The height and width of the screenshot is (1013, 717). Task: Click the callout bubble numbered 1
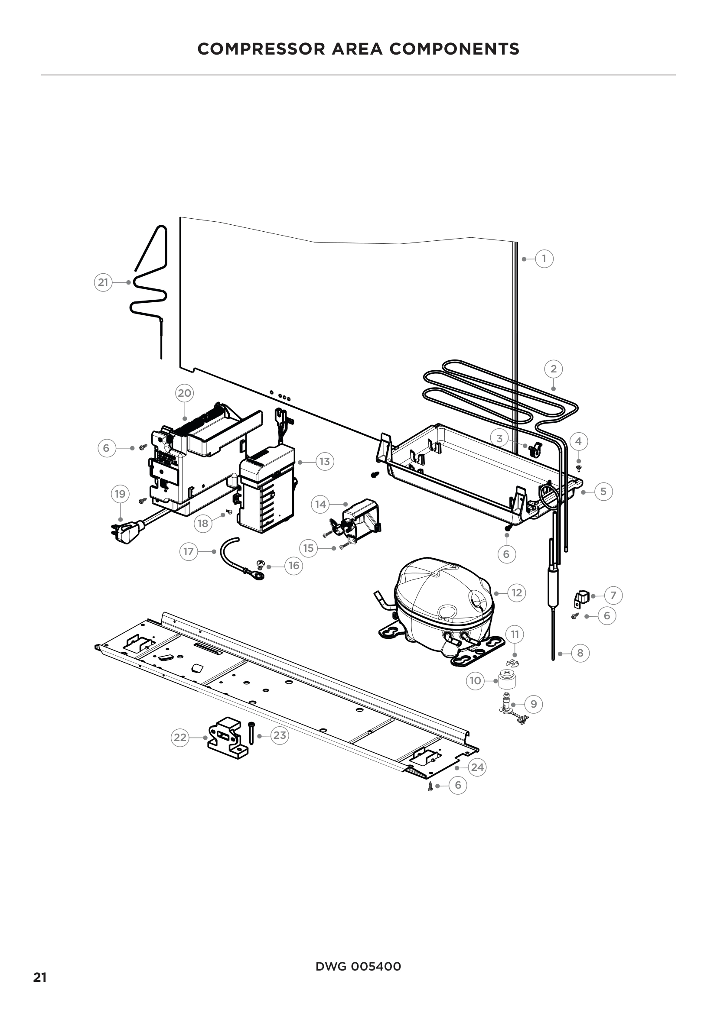[x=544, y=259]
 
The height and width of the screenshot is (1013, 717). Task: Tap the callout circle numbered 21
[x=103, y=282]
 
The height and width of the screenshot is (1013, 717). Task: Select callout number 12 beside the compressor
[x=517, y=592]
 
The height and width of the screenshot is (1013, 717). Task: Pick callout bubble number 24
[x=477, y=767]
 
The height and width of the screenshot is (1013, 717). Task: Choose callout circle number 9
[x=534, y=704]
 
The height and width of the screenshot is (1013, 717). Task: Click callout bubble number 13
[x=325, y=462]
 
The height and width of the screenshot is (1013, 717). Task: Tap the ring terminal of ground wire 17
[x=257, y=574]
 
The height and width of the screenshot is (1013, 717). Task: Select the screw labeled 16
[x=261, y=563]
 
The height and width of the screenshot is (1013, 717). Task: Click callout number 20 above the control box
[x=184, y=393]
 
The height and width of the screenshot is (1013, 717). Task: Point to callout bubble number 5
[x=603, y=491]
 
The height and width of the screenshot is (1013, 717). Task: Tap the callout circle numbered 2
[x=553, y=369]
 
